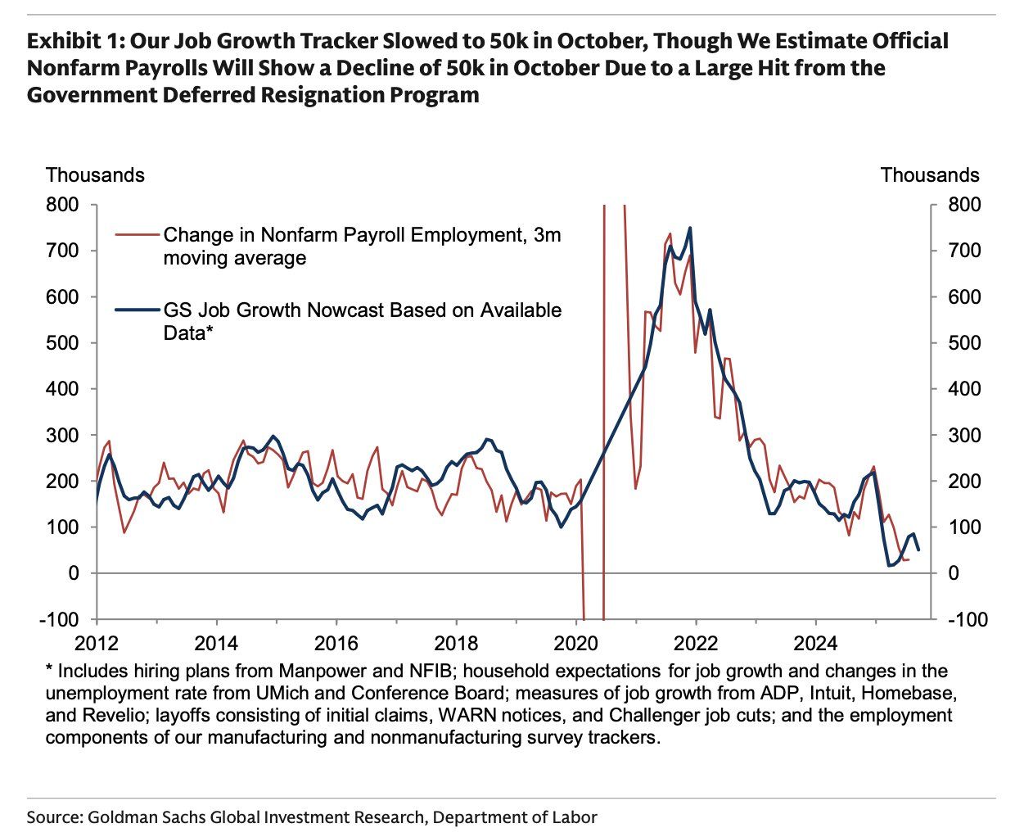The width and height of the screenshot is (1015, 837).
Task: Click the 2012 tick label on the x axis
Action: tap(97, 641)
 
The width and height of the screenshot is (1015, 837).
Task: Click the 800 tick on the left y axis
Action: tap(63, 205)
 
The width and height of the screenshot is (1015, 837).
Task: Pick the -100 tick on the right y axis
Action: tap(967, 619)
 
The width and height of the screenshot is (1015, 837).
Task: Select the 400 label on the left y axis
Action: tap(63, 389)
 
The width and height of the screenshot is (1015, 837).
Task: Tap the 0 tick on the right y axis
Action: tap(953, 573)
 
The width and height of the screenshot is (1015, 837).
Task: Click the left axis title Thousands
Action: tap(95, 175)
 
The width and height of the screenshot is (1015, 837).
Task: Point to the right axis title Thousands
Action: tap(930, 175)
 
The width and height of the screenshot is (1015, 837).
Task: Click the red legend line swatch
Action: tap(138, 235)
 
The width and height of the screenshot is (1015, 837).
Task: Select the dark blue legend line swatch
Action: tap(138, 310)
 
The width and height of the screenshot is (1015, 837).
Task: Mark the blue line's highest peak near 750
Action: tap(690, 228)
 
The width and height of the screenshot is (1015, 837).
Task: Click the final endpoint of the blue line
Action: tap(918, 550)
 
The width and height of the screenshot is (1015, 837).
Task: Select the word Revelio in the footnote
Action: tap(114, 715)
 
